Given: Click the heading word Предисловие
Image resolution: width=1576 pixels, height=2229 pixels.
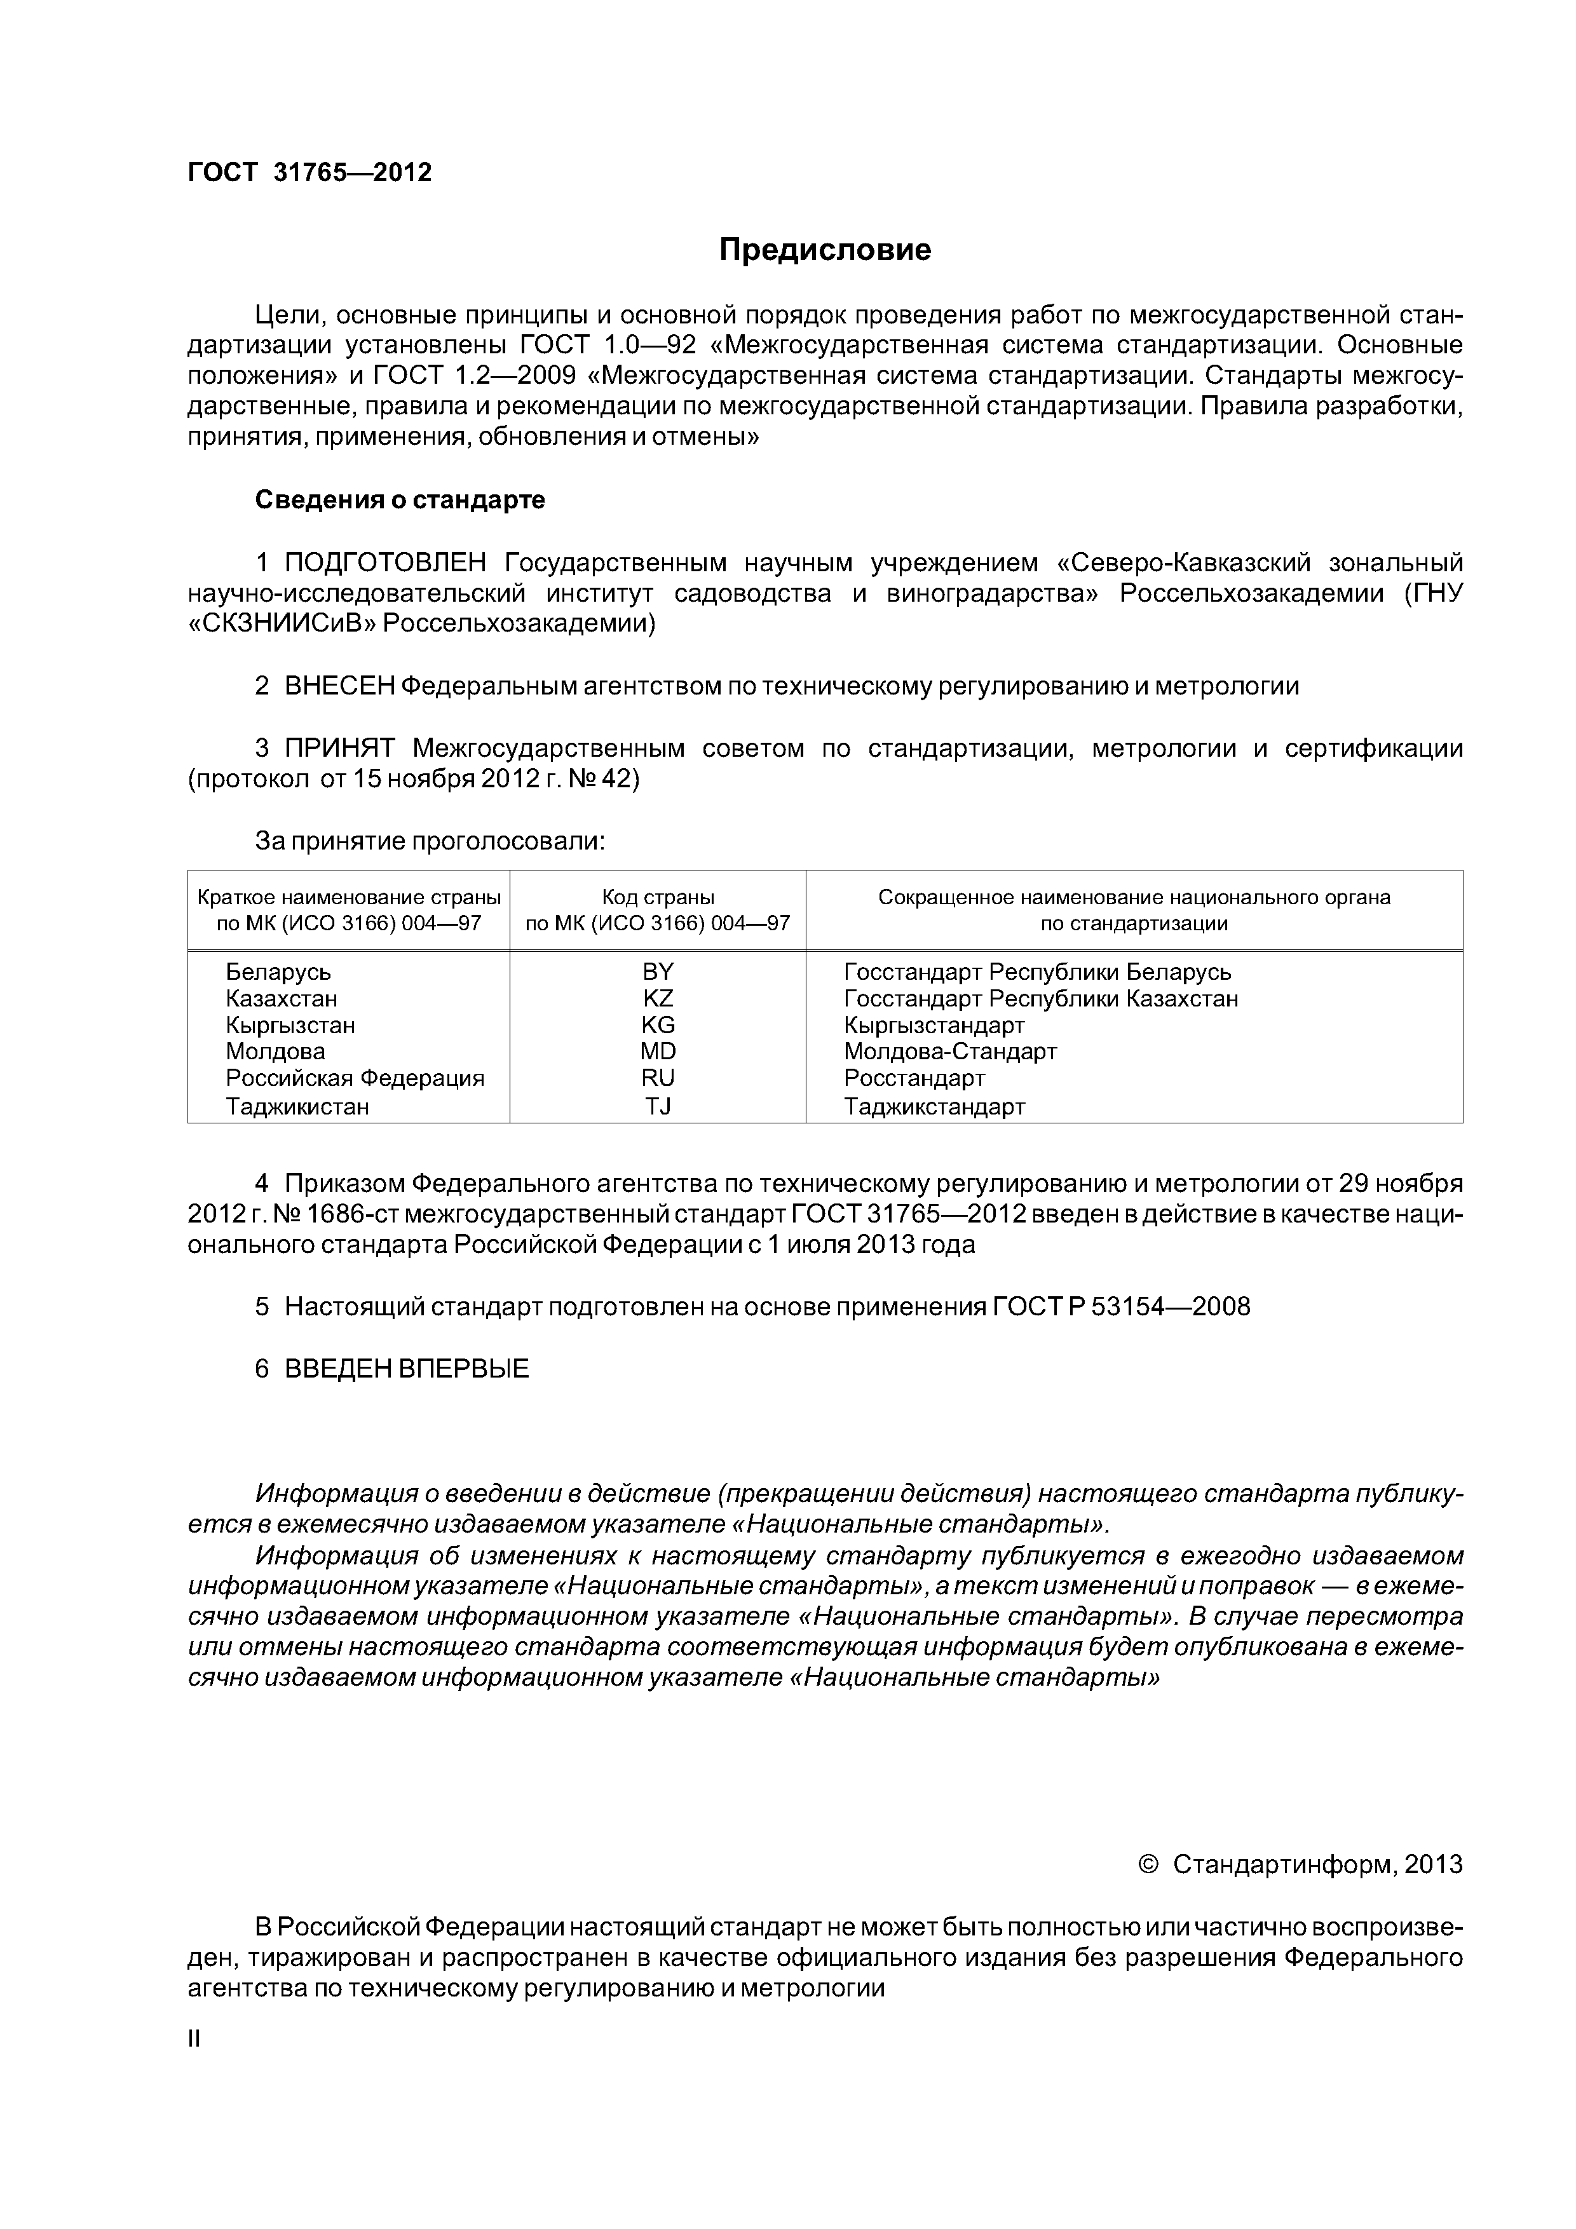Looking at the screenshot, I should [824, 250].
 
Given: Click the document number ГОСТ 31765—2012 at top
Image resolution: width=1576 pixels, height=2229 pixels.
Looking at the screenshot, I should [309, 173].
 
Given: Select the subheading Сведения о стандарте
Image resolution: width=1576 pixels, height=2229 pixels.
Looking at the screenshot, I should [400, 500].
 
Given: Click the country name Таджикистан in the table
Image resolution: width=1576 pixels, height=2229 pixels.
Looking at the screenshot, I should [297, 1106].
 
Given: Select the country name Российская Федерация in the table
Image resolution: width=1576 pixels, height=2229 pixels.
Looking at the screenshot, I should [355, 1078].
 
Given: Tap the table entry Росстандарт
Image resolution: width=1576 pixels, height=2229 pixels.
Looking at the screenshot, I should [914, 1078].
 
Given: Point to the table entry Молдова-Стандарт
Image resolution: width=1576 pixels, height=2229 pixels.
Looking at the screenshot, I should [949, 1052].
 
